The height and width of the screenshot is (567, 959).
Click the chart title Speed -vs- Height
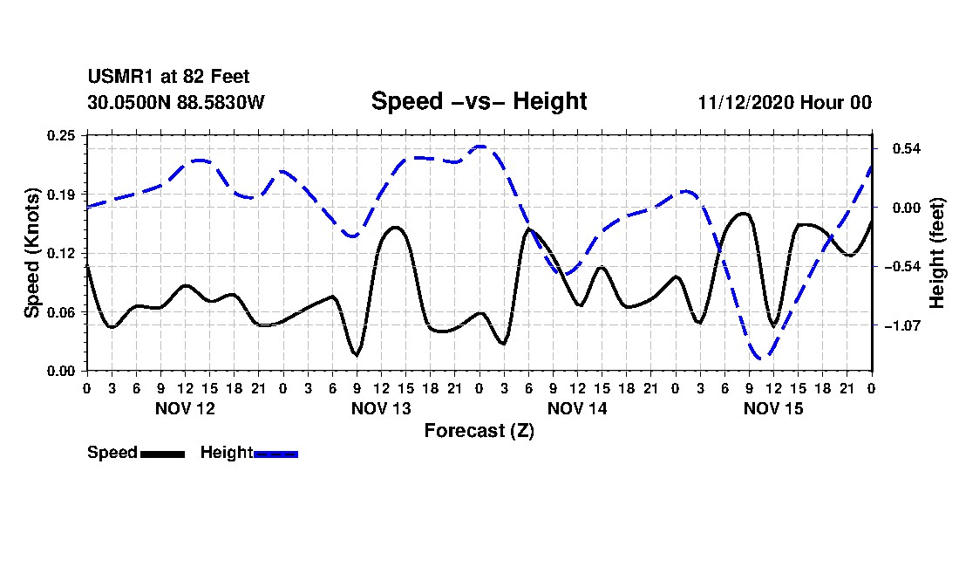tap(479, 101)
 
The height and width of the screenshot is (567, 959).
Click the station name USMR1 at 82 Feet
tap(168, 78)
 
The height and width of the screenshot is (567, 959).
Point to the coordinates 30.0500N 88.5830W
tap(175, 102)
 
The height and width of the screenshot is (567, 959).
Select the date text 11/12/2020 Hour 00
tap(785, 102)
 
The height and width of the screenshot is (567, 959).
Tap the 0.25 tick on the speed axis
tap(62, 134)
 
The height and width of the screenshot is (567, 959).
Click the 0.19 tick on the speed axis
tap(62, 194)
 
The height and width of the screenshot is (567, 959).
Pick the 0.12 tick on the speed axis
tap(62, 253)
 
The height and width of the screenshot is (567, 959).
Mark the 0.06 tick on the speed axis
tap(62, 312)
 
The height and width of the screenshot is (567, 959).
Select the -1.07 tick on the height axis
tap(898, 325)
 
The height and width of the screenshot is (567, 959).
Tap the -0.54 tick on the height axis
tap(898, 266)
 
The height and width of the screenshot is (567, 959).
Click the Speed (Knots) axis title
tap(32, 253)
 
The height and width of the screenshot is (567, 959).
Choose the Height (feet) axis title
tap(937, 253)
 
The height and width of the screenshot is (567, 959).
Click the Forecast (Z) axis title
tap(479, 430)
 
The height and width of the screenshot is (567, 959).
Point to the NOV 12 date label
tap(185, 408)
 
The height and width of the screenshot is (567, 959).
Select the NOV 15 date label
tap(773, 408)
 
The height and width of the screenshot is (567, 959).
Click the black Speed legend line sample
tap(162, 454)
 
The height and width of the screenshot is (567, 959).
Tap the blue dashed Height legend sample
tap(275, 454)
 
